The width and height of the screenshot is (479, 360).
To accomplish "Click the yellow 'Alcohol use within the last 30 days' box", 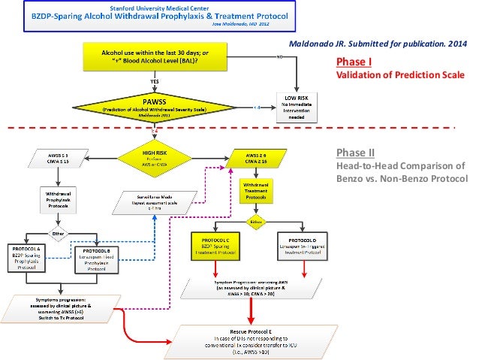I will click(153, 56).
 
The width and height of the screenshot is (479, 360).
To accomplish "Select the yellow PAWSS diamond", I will click(153, 104).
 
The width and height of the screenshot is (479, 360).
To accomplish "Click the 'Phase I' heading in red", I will click(350, 62).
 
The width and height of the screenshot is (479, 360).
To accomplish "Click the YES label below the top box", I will click(155, 80).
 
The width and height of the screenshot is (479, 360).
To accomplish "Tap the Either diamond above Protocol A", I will click(59, 231).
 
